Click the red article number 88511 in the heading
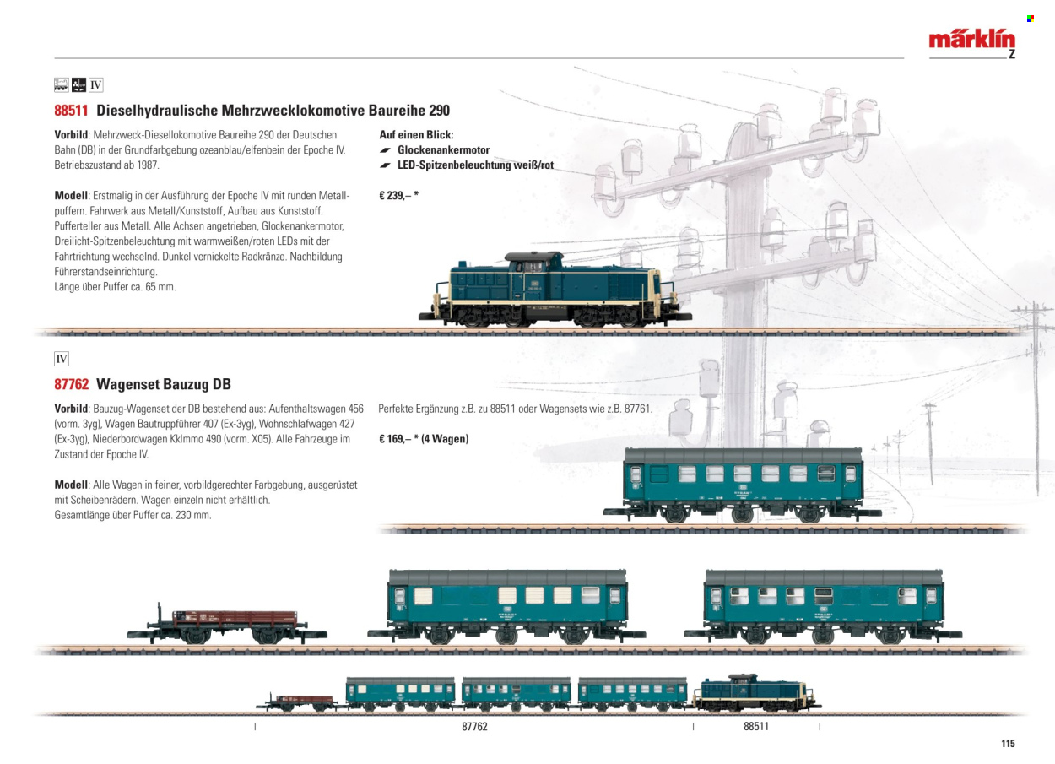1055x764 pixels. point(71,111)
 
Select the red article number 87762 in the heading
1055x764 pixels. point(71,384)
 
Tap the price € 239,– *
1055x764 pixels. point(399,196)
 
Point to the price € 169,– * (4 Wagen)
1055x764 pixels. point(424,439)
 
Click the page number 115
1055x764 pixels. point(1008,743)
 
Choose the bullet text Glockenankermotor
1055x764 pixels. point(443,149)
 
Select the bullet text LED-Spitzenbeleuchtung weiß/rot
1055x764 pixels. point(476,165)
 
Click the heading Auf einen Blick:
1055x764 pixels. point(416,135)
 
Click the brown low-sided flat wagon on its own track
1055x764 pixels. point(227,623)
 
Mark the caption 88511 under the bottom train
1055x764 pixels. point(756,726)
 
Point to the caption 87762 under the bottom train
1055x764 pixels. point(474,726)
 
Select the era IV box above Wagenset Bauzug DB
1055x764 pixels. point(62,359)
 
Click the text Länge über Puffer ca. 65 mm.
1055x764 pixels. point(115,286)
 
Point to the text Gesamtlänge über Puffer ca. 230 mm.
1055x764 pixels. point(133,515)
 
